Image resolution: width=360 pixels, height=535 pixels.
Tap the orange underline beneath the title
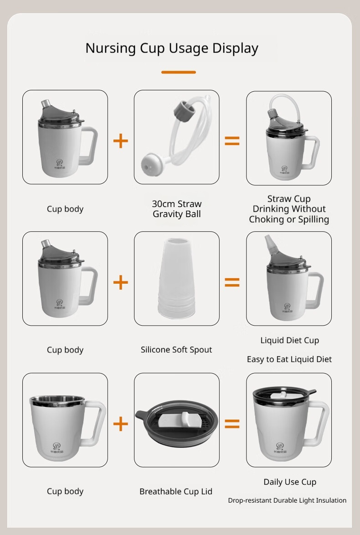click(x=178, y=72)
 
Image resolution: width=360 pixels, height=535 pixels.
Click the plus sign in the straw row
click(x=121, y=141)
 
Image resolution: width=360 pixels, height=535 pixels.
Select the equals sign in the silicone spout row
click(x=232, y=282)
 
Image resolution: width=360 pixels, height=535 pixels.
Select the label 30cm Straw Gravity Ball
click(x=177, y=209)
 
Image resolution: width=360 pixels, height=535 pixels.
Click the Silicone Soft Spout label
click(x=176, y=350)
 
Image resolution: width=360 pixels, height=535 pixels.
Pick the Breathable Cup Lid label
click(x=176, y=491)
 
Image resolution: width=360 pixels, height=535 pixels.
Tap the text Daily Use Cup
click(x=290, y=482)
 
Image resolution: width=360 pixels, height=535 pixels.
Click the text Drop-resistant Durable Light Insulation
click(x=287, y=500)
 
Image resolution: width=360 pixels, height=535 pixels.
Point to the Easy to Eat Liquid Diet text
click(x=289, y=359)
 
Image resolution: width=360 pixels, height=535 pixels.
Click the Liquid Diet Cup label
click(x=289, y=340)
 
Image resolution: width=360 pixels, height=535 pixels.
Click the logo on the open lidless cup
click(x=57, y=448)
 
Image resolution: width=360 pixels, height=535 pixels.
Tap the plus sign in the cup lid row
click(x=121, y=424)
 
